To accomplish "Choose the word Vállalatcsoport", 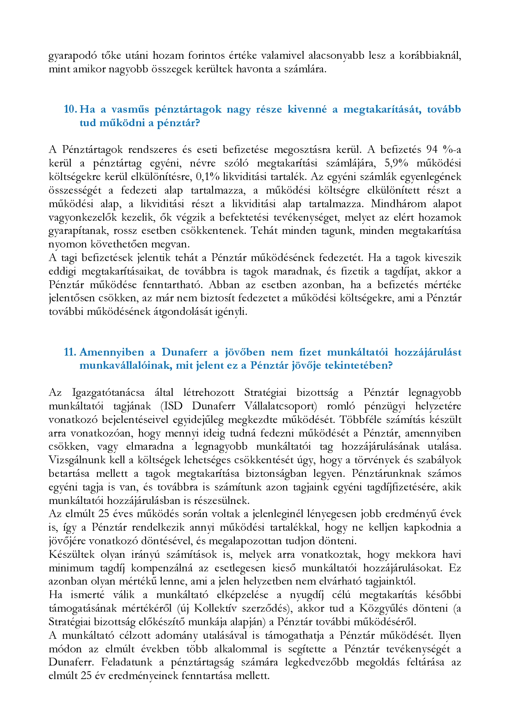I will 280,406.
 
